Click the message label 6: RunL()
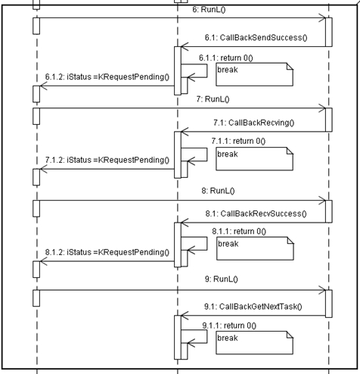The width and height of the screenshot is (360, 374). tap(209, 10)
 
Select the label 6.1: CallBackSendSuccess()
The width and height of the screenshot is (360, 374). tap(256, 38)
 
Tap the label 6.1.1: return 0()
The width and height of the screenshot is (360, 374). tap(226, 58)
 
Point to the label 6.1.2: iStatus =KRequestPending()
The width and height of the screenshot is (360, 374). tap(107, 76)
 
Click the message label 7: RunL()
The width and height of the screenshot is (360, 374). tap(213, 99)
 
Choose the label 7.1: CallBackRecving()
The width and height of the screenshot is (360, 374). tap(254, 123)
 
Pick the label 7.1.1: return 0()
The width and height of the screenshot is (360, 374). tap(238, 141)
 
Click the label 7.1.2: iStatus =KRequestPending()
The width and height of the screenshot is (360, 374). tap(107, 160)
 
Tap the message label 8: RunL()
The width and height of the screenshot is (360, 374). tap(218, 191)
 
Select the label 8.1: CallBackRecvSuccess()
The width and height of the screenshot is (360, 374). tap(256, 213)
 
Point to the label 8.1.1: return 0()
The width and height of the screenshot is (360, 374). tap(239, 232)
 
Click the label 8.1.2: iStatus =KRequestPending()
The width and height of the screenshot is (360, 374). tap(107, 252)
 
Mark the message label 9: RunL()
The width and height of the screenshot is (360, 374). tap(222, 279)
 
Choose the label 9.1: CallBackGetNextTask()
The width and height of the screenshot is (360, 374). tap(253, 307)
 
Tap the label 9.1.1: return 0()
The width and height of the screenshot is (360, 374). tap(229, 326)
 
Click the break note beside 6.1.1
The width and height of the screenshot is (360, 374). tap(254, 74)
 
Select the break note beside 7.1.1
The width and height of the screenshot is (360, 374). tap(254, 159)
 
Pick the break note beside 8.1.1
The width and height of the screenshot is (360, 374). tap(255, 248)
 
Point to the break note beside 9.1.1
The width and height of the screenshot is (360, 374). tap(254, 343)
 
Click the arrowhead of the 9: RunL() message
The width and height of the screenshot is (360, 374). tap(324, 290)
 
